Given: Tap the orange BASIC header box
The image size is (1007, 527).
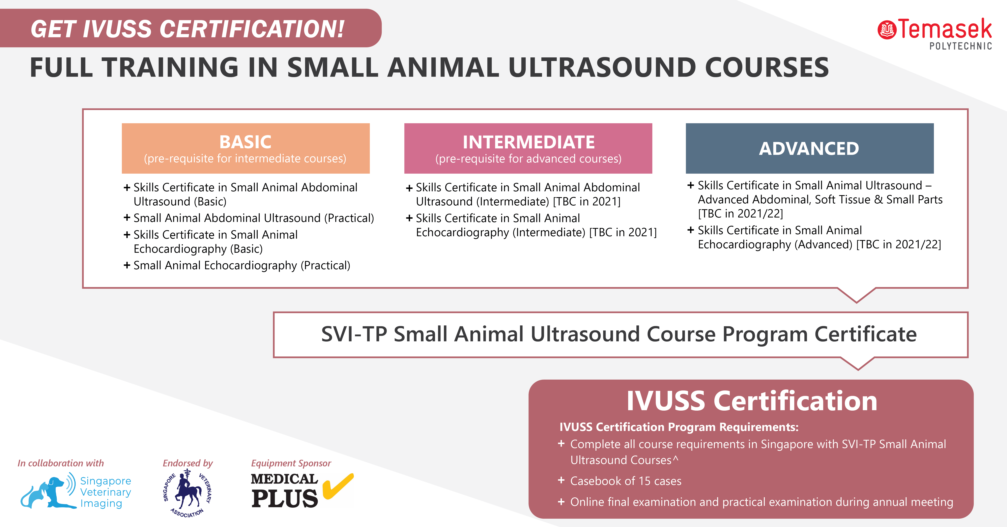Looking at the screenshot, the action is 246,148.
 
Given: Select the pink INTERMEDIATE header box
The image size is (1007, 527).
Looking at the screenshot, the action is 528,148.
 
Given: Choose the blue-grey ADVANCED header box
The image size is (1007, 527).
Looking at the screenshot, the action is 810,148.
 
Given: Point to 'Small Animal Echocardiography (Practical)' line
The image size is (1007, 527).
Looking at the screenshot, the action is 237,265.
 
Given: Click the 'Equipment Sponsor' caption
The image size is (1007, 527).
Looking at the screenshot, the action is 291,463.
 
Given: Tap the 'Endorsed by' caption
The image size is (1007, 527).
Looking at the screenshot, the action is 188,463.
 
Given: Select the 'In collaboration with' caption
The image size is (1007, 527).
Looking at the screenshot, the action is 61,463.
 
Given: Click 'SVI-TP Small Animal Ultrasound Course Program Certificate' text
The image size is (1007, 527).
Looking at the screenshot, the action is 619,334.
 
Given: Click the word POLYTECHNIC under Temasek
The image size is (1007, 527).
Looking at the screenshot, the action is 960,46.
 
